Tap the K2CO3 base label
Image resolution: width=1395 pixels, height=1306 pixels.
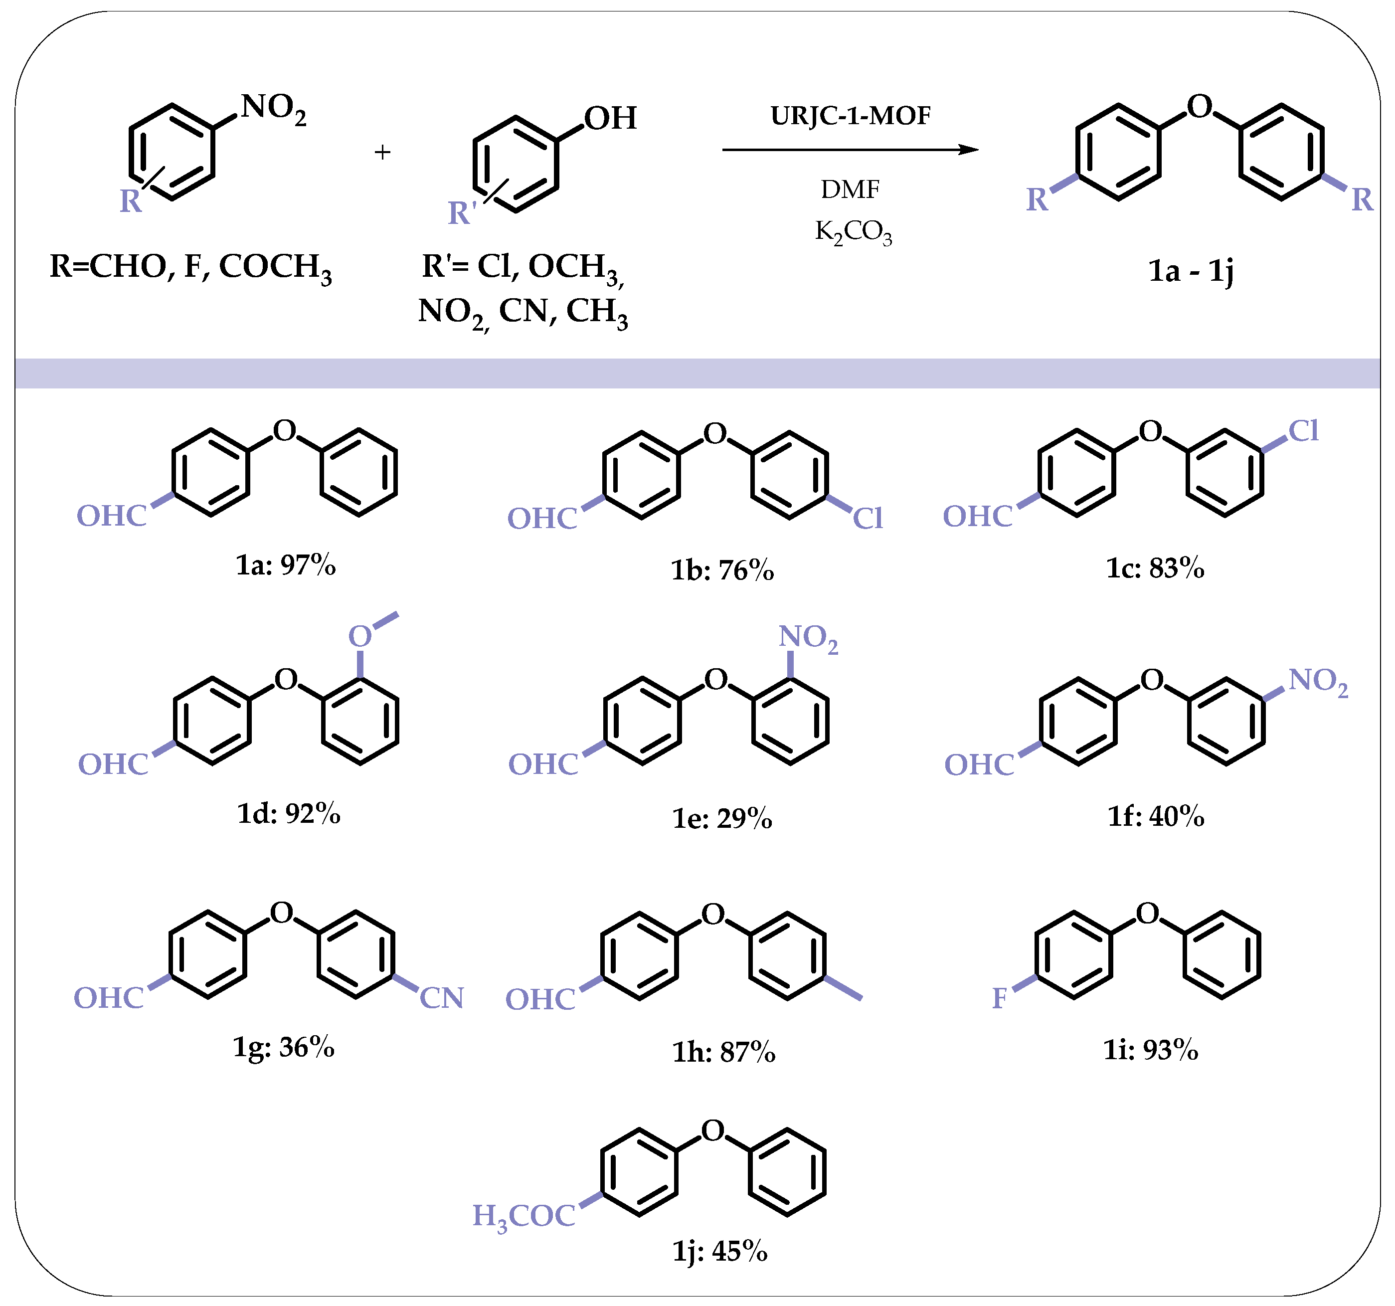853,231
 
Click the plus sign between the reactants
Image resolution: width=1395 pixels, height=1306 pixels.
382,152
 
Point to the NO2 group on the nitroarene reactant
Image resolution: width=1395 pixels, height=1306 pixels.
273,109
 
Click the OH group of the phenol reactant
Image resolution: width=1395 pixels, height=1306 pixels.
610,118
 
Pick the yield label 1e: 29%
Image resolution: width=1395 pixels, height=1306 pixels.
722,818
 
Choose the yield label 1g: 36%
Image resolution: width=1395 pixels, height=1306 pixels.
284,1048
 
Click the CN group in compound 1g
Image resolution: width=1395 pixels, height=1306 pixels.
441,998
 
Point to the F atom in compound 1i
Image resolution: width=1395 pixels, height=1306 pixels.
999,998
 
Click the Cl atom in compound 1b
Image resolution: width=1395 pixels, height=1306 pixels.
868,519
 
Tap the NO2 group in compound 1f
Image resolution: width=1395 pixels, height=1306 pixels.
1318,681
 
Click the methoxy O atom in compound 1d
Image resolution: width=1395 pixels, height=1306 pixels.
360,636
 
